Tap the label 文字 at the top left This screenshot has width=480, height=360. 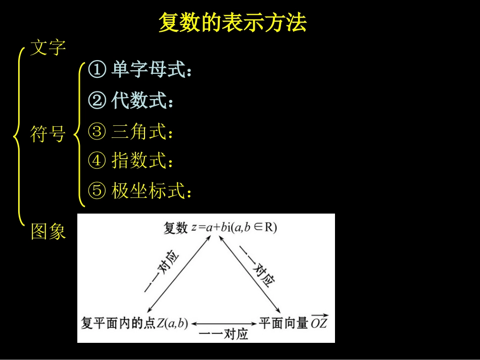[48, 48]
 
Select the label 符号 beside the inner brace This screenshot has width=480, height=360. [48, 134]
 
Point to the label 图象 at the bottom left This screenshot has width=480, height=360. [48, 232]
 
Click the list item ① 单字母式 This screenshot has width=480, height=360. [140, 70]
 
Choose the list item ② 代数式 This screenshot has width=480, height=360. [131, 101]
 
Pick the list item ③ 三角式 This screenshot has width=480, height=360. [131, 132]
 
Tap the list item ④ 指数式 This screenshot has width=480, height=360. [131, 161]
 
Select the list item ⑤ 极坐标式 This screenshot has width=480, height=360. [140, 191]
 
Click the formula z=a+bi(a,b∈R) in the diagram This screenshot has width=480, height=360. [234, 228]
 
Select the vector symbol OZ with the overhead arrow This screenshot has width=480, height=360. [319, 322]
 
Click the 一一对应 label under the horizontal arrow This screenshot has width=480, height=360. [223, 334]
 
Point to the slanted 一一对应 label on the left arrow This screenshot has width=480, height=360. [162, 273]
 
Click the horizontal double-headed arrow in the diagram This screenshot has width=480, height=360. [223, 324]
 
